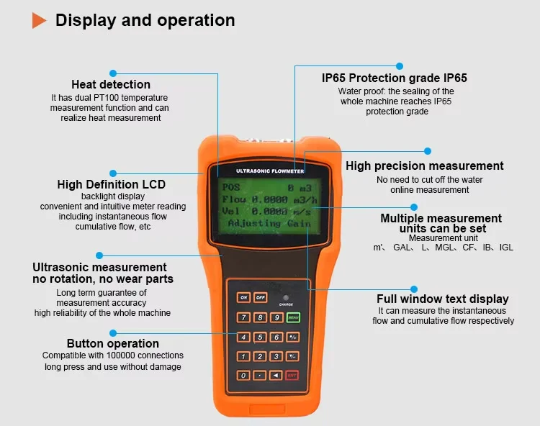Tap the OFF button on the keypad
260,297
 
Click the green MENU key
293,317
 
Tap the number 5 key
260,337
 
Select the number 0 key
244,375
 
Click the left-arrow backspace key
276,375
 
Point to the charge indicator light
286,297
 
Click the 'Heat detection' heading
111,85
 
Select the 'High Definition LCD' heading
112,184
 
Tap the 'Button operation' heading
113,343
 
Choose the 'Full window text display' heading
443,299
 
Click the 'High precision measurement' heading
425,166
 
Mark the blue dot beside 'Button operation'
112,332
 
